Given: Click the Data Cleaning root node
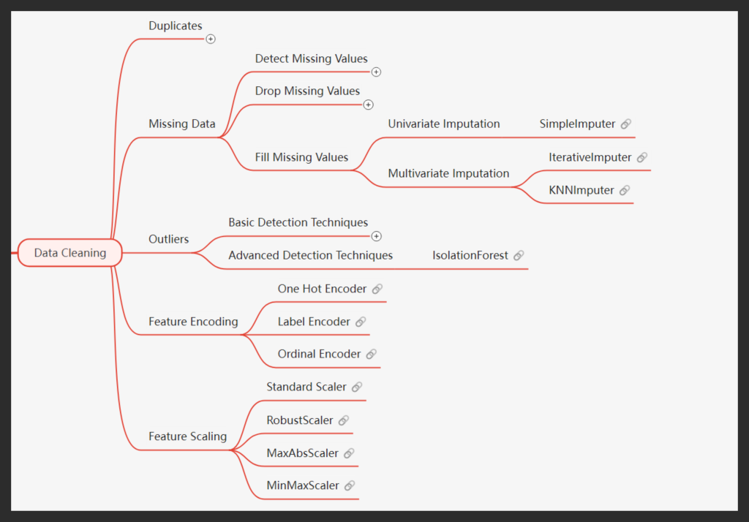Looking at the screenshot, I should point(70,253).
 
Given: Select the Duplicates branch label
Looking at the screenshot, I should point(176,26).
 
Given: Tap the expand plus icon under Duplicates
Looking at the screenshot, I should point(211,39).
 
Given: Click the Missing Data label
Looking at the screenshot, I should point(182,124).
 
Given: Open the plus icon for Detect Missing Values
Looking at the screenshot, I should point(376,72).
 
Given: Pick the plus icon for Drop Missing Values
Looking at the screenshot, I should point(368,105).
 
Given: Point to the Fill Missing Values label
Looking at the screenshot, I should point(301,157).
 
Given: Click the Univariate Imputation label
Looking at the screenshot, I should point(444,124).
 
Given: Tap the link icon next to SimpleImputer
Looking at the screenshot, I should point(625,124).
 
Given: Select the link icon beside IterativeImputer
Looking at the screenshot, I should point(641,157).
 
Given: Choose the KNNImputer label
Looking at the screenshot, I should point(581,190).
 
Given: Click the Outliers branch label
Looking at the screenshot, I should point(169,239).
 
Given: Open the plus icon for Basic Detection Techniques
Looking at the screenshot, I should point(376,236).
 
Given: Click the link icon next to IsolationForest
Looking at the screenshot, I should point(518,255).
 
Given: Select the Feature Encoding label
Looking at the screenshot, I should point(193,322).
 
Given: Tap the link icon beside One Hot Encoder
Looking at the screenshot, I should point(377,289).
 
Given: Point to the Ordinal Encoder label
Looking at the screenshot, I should point(319,354).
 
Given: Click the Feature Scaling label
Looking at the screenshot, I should point(188,436).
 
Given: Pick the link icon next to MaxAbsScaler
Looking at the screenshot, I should point(349,453).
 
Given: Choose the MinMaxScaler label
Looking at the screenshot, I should point(303,485).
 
